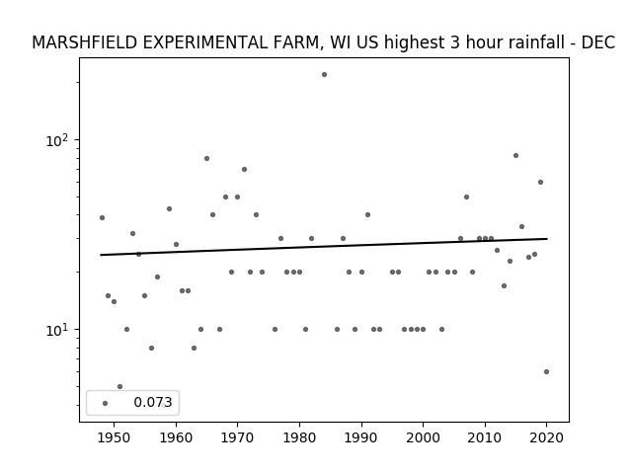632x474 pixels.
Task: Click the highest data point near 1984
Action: tap(324, 75)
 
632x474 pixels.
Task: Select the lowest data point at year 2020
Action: tap(546, 371)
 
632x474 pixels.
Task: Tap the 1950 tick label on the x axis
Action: tap(115, 437)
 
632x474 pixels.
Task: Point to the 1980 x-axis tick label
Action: tap(299, 437)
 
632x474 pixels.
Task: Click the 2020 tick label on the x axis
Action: tap(546, 437)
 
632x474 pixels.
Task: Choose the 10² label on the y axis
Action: tap(57, 141)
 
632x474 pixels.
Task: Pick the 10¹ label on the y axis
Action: tap(57, 331)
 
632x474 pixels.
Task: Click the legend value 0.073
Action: tap(153, 402)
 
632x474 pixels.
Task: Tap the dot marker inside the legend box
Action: tap(105, 403)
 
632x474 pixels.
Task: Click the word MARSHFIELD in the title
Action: tap(85, 42)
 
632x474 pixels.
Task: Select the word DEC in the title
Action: tap(598, 42)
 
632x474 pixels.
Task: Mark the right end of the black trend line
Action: tap(547, 239)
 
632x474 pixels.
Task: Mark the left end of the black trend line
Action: tap(101, 255)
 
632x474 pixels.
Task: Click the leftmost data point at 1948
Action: tap(102, 217)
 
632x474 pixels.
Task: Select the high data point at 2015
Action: tap(515, 156)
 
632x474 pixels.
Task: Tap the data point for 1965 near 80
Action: tap(206, 158)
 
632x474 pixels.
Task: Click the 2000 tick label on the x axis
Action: tap(423, 437)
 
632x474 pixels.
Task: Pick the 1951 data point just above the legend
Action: tap(119, 386)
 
